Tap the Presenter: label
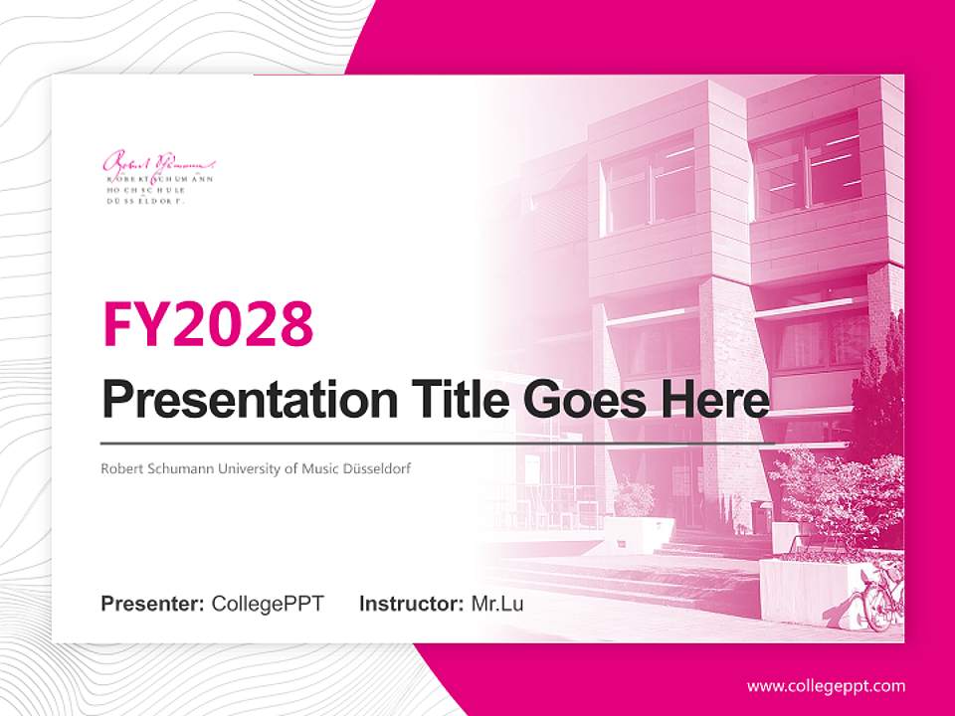(x=153, y=604)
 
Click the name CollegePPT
(x=268, y=604)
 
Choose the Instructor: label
(x=411, y=604)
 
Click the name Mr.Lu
(x=497, y=604)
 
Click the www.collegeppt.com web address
(x=826, y=685)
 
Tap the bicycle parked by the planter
(x=880, y=600)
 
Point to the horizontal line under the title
(x=438, y=443)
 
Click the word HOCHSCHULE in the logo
(x=143, y=189)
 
